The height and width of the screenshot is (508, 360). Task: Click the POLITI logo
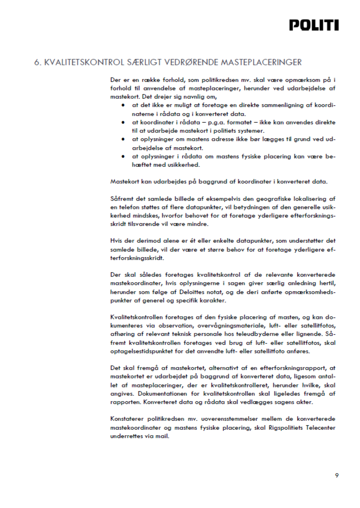[x=314, y=25]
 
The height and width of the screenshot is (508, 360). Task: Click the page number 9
[x=336, y=476]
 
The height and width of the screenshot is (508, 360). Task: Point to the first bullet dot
[x=123, y=106]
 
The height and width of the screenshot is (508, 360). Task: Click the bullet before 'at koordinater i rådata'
[x=123, y=122]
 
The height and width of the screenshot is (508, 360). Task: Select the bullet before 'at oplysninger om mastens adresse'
[x=123, y=139]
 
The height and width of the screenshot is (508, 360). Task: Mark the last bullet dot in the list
[x=123, y=156]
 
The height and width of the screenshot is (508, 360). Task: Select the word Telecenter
[x=320, y=428]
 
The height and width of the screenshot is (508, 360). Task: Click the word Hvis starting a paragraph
[x=116, y=241]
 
